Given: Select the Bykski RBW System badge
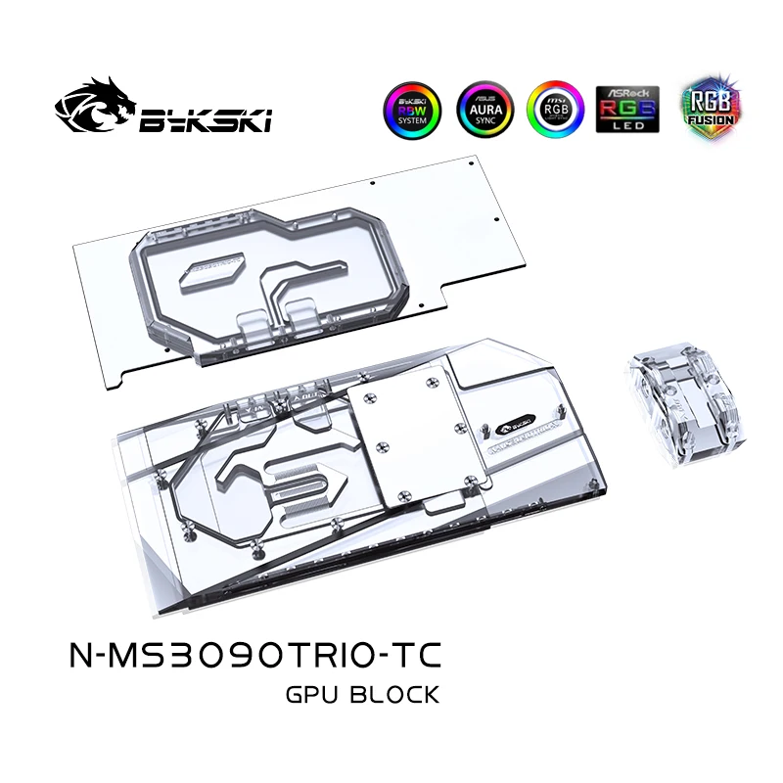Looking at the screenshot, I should coord(413,109).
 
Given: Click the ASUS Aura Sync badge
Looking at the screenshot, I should coord(482,109).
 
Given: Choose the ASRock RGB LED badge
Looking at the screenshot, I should coord(628,109).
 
